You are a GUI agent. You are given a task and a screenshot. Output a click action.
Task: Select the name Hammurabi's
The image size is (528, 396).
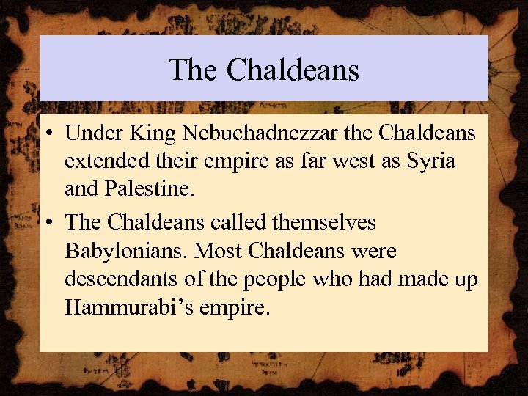(x=129, y=307)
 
